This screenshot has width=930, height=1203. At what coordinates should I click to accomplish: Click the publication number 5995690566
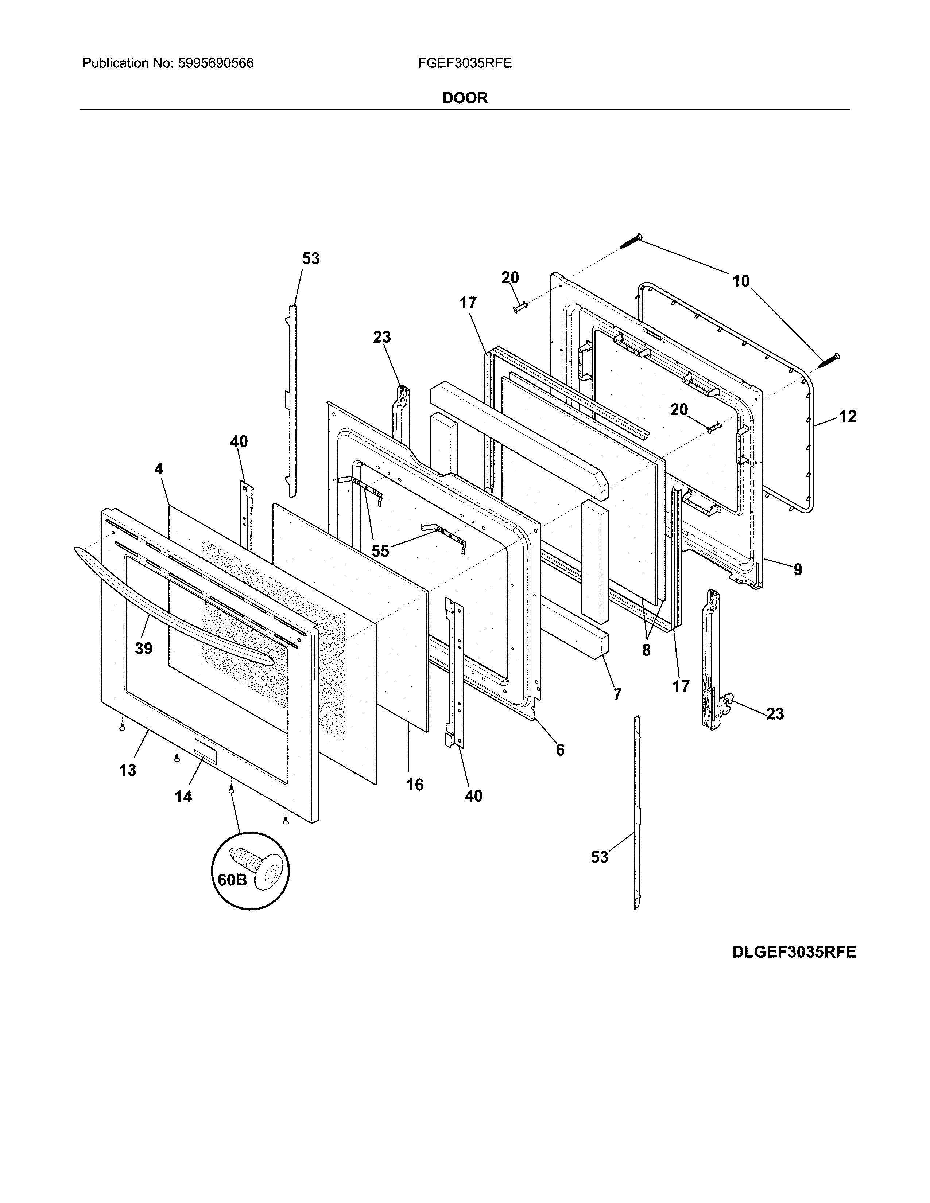[216, 63]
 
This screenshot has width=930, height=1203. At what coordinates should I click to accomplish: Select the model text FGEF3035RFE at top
[464, 63]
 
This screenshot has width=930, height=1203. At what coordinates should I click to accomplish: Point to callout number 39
[143, 649]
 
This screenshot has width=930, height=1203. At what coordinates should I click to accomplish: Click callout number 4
[159, 469]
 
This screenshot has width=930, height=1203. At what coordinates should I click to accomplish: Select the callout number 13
[127, 770]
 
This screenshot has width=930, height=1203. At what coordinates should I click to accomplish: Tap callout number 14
[183, 797]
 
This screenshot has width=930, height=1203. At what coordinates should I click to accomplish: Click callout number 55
[380, 551]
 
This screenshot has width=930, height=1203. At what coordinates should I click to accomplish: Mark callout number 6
[560, 750]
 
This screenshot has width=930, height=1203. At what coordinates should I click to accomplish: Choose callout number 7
[617, 694]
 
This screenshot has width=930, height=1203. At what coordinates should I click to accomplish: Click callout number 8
[646, 650]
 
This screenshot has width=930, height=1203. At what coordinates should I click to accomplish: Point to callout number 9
[798, 569]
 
